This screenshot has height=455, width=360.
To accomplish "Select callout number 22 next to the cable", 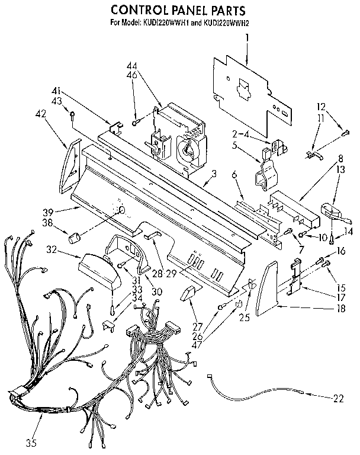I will [x=338, y=398].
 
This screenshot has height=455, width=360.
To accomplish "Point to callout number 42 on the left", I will [x=41, y=113].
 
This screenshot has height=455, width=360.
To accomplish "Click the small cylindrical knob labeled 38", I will [x=74, y=238].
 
